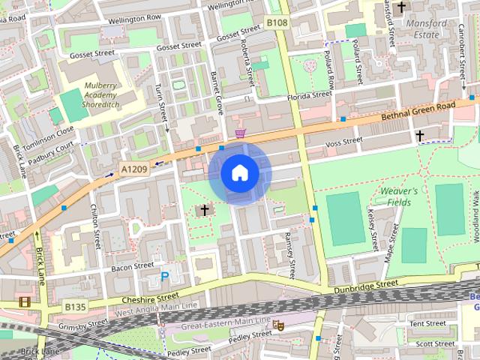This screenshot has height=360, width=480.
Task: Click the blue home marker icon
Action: pos(239,173)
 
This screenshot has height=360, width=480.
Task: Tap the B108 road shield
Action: pos(278,23)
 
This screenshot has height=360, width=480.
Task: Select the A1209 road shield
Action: pos(134,170)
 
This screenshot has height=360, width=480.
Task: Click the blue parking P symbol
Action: pos(164,277)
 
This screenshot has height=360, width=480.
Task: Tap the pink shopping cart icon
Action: pos(240,133)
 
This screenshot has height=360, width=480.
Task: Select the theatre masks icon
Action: pos(277,325)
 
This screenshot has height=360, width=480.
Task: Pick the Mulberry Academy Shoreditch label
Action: pos(100,94)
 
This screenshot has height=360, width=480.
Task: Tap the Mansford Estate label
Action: pos(425,28)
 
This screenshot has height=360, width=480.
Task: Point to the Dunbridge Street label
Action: pos(367,284)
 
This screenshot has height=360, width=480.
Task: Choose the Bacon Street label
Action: pos(111,266)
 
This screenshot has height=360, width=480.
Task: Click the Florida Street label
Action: pos(310,95)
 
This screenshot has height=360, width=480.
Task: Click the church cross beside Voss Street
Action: pos(420,136)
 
